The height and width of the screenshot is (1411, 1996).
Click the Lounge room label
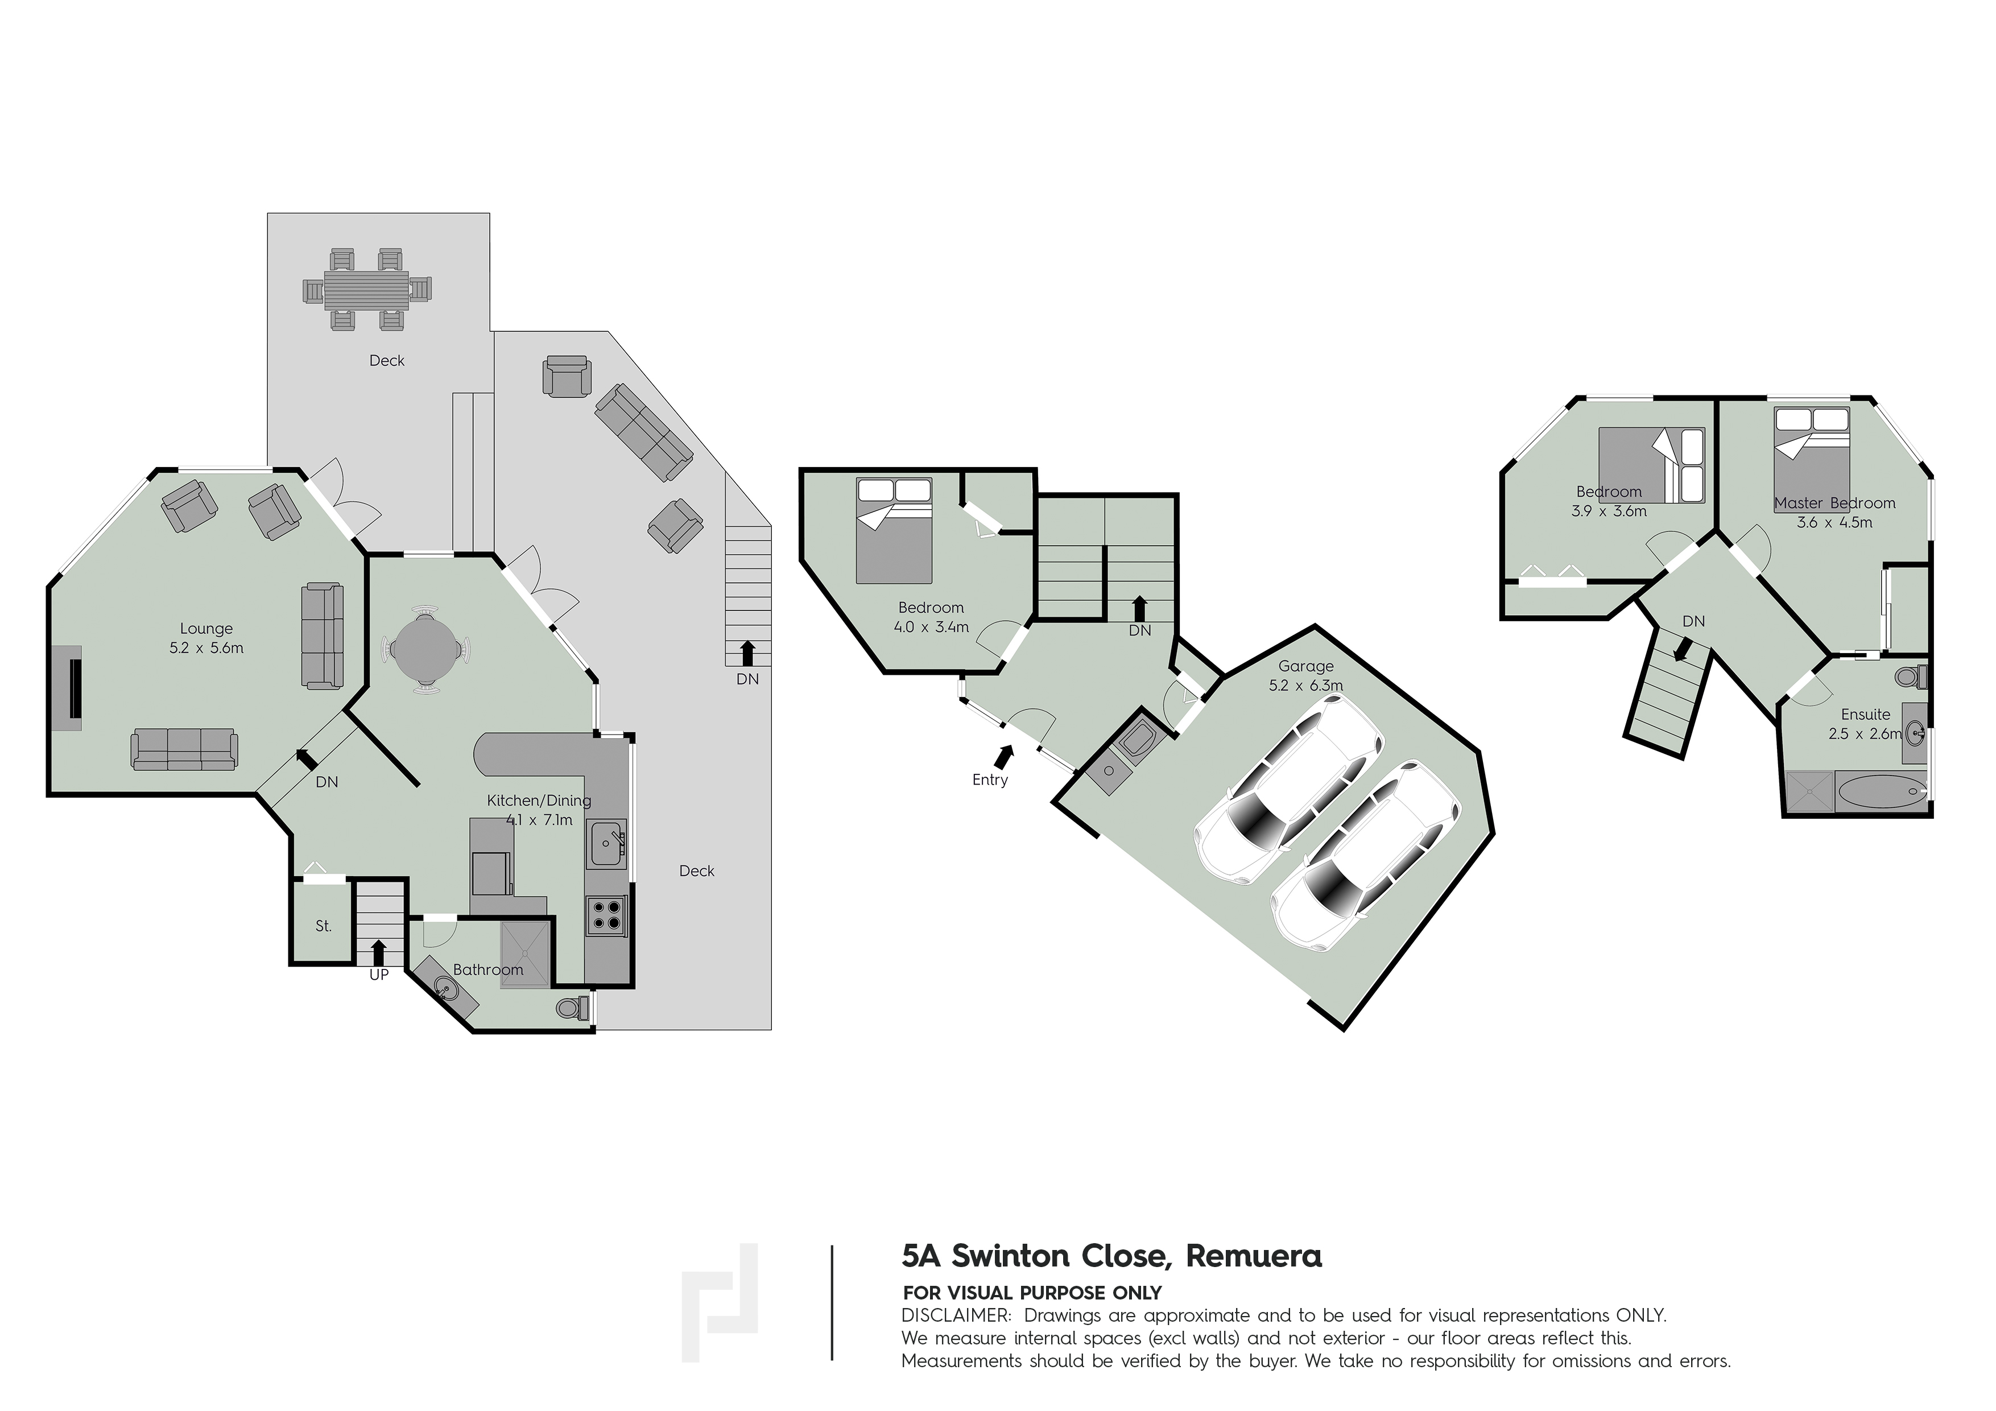(x=206, y=629)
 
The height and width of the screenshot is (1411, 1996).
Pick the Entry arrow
(x=1003, y=757)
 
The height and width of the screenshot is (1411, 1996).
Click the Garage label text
(x=1306, y=666)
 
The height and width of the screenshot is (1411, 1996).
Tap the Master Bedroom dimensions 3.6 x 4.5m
(x=1834, y=522)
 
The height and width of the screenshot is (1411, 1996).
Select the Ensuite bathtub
(x=1881, y=792)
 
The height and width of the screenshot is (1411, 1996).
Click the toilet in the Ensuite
(x=1911, y=676)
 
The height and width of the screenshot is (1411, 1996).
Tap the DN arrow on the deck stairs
(x=747, y=653)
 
